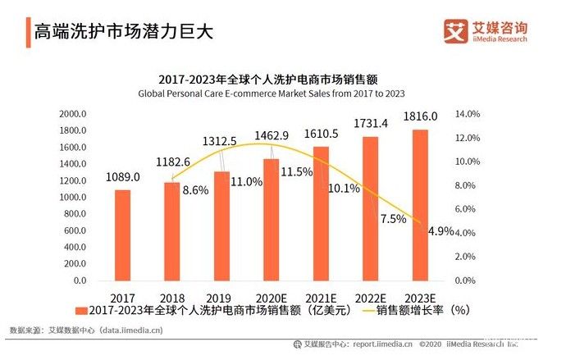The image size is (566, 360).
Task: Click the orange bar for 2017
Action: [122, 235]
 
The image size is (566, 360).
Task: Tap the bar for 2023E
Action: [419, 205]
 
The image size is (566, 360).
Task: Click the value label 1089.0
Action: [122, 177]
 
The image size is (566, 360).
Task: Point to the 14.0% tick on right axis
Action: [466, 113]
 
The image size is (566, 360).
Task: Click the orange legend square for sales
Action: [80, 312]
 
